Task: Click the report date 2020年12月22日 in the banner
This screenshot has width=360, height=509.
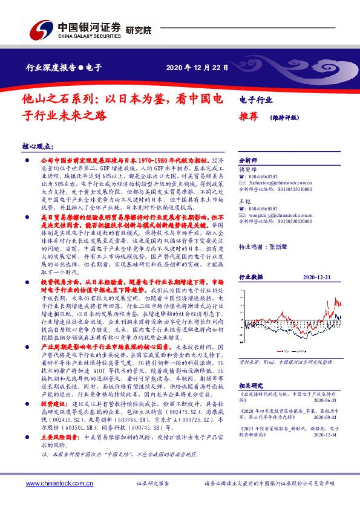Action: (198, 68)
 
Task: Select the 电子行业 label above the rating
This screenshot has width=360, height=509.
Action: (256, 100)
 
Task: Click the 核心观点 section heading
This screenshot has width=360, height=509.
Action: (38, 146)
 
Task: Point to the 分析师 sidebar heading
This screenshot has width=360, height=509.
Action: (249, 161)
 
